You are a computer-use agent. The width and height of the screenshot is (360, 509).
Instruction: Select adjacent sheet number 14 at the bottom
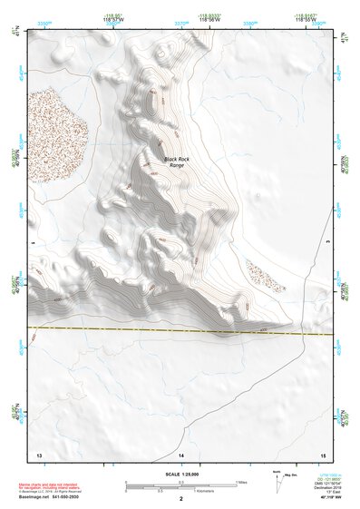(x=181, y=454)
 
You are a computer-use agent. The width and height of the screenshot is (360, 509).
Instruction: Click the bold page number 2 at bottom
(x=181, y=499)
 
